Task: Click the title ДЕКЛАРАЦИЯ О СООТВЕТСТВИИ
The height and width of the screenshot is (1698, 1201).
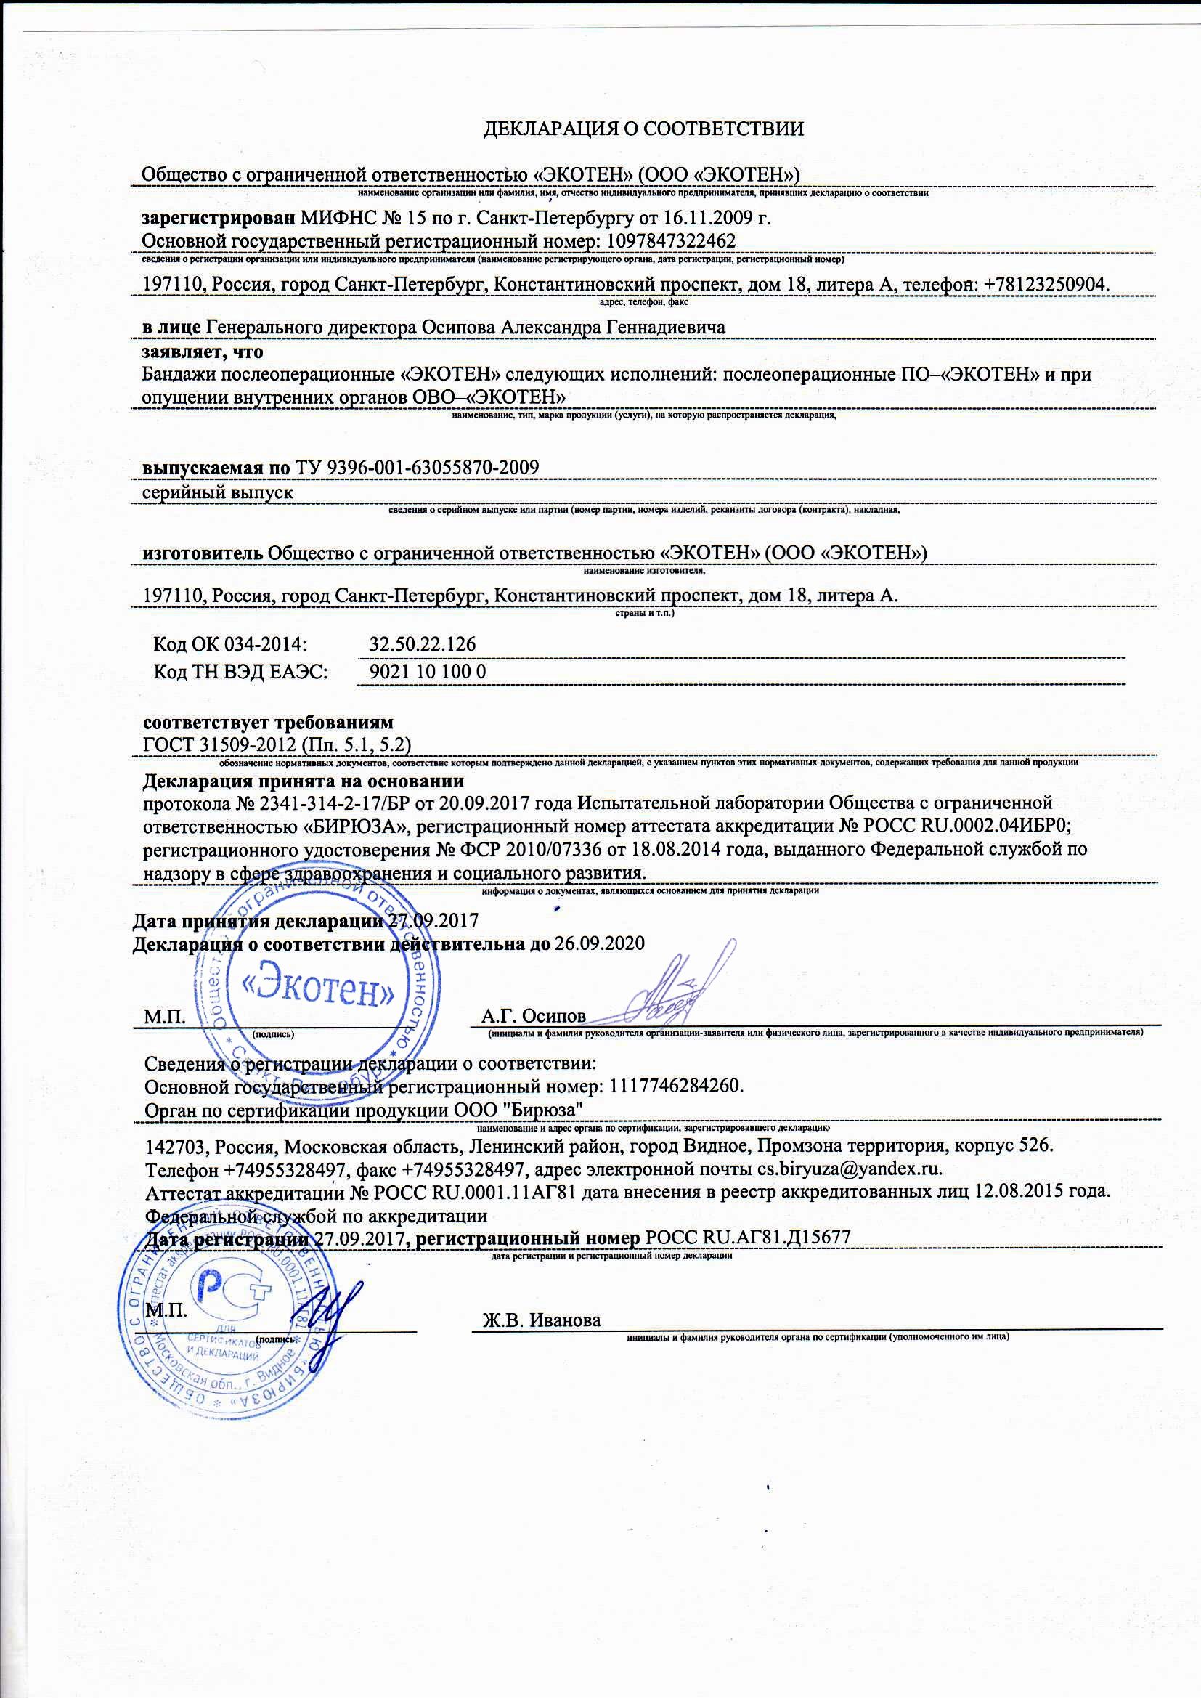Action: point(643,129)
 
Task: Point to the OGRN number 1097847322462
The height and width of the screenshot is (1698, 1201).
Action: point(671,241)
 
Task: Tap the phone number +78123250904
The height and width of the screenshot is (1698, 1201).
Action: point(1047,285)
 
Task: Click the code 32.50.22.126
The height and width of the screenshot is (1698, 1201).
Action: point(423,644)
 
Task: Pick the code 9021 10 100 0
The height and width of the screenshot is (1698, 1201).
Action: point(428,672)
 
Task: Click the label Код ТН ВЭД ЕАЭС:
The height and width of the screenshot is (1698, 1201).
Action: point(240,672)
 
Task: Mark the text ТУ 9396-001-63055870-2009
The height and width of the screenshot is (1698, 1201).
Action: point(417,468)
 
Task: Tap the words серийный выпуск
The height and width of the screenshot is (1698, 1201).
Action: point(217,492)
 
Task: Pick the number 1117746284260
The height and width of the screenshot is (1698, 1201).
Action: point(673,1086)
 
